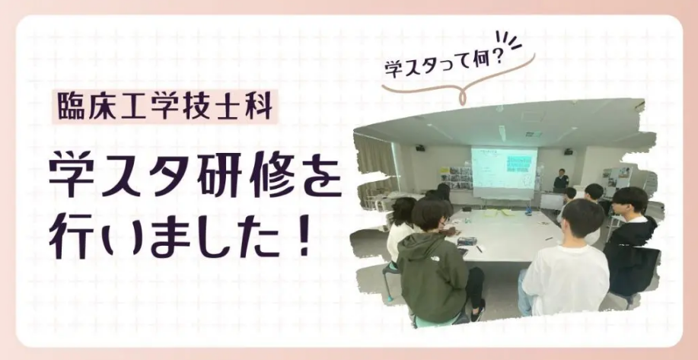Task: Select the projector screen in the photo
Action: click(505, 171)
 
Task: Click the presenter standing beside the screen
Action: click(561, 180)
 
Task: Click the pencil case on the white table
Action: click(467, 241)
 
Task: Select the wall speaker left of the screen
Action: click(420, 148)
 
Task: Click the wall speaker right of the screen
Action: click(569, 151)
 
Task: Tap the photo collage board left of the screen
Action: click(456, 178)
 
